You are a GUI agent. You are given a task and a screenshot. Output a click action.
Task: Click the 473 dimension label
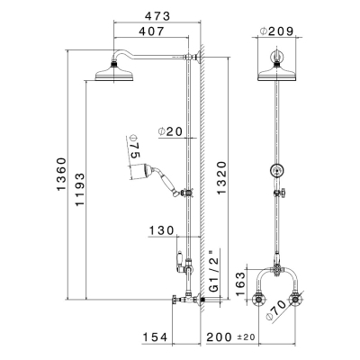(157, 16)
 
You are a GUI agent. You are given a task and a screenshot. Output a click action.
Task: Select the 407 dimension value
(151, 31)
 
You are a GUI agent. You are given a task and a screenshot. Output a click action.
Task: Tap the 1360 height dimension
(61, 174)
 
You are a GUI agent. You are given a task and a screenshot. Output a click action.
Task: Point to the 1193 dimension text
(80, 189)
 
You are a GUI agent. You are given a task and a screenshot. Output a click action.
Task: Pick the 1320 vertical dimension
(221, 178)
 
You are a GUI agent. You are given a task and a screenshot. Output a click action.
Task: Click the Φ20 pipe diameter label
(170, 131)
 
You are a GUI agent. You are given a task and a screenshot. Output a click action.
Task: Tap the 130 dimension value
(162, 230)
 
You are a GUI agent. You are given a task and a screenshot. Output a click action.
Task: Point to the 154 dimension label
(155, 337)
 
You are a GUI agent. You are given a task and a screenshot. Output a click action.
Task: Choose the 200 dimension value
(219, 337)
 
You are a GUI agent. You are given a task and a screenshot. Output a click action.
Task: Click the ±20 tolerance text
(246, 337)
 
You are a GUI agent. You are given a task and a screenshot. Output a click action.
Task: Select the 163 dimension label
(240, 283)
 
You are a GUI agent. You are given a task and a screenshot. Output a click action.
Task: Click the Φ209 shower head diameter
(276, 31)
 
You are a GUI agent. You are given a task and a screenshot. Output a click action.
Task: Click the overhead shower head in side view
(114, 73)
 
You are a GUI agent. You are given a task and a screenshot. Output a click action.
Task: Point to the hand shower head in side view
(141, 172)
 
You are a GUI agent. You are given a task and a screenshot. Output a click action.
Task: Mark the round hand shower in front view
(277, 170)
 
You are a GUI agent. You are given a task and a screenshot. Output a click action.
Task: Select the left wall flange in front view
(258, 300)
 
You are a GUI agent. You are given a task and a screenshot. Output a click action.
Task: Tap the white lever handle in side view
(181, 257)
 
